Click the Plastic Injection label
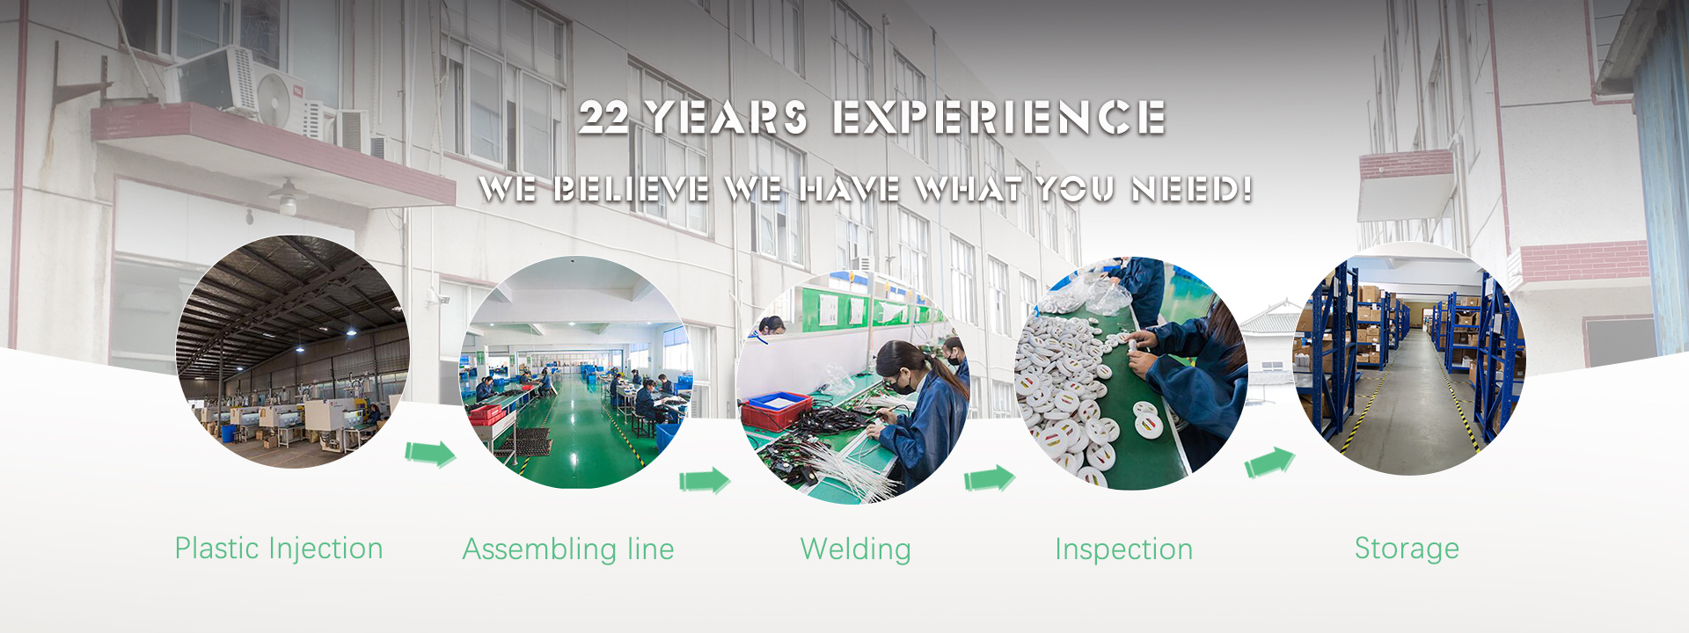click(x=279, y=549)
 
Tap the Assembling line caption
click(x=568, y=549)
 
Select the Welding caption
click(x=855, y=549)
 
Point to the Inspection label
click(x=1123, y=549)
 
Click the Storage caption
click(x=1407, y=549)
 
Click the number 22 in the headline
click(x=604, y=118)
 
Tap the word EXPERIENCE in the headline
click(x=998, y=118)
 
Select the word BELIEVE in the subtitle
click(x=631, y=189)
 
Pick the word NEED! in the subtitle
click(x=1192, y=189)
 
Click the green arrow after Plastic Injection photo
click(x=430, y=454)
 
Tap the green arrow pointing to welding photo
click(x=705, y=481)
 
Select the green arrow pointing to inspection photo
click(x=990, y=478)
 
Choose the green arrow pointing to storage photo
click(x=1269, y=462)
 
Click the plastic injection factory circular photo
click(x=292, y=352)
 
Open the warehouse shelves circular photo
click(x=1408, y=359)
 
